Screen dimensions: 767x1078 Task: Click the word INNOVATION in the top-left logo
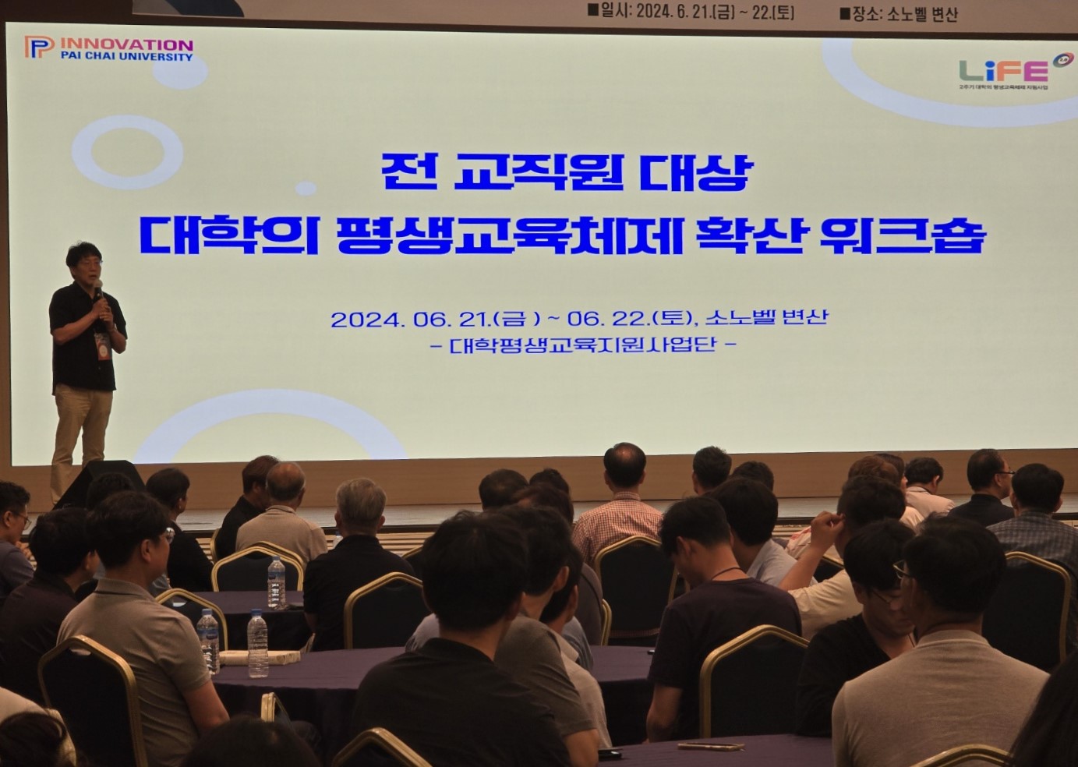coord(126,44)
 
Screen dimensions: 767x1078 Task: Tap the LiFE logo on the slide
coord(1004,71)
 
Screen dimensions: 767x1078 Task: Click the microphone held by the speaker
coord(98,289)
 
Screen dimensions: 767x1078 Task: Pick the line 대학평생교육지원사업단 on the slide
coord(582,344)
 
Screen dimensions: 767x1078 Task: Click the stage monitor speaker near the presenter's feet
coord(99,482)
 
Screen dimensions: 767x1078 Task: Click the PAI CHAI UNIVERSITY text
coord(126,57)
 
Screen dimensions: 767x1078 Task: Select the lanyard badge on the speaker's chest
coord(101,345)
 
